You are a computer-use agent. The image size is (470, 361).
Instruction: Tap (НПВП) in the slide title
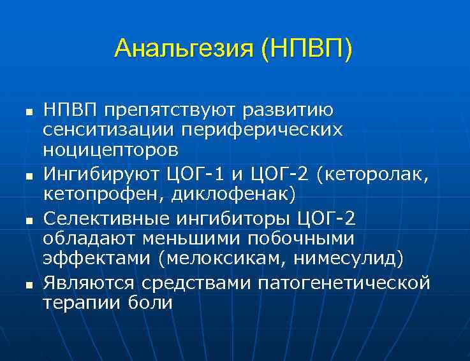pos(306,48)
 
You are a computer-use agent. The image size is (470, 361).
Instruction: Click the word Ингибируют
pos(102,173)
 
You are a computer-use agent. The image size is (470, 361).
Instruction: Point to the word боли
pos(152,302)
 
